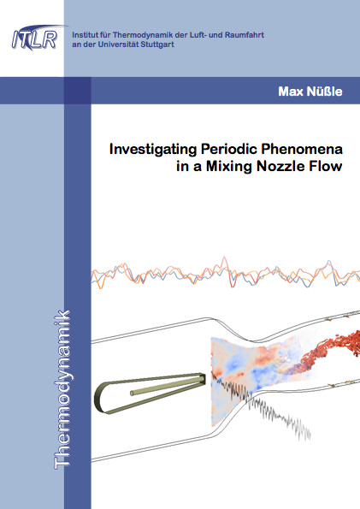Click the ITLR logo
click(x=36, y=38)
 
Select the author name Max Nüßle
click(x=310, y=92)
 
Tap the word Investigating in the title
click(x=153, y=150)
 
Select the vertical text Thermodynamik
click(x=62, y=390)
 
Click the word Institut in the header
click(x=82, y=35)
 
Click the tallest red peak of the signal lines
click(x=224, y=257)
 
